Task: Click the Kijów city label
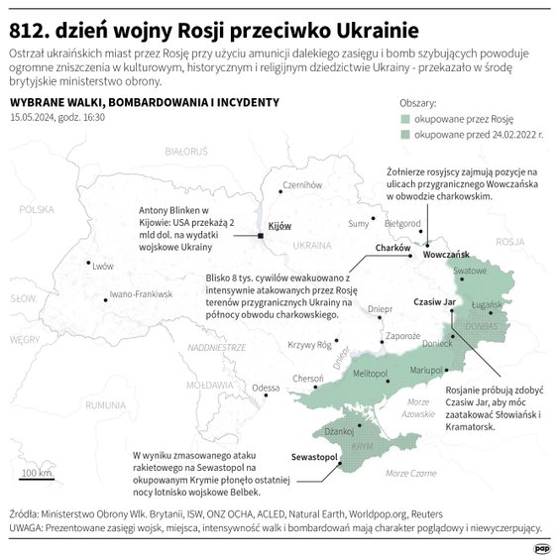tap(280, 226)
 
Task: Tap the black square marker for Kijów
tap(260, 236)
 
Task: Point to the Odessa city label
tap(266, 388)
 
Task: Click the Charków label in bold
tap(392, 248)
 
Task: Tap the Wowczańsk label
tap(445, 255)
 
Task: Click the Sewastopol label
tap(315, 458)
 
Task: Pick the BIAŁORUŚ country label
tap(186, 152)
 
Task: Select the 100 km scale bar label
tap(37, 474)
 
